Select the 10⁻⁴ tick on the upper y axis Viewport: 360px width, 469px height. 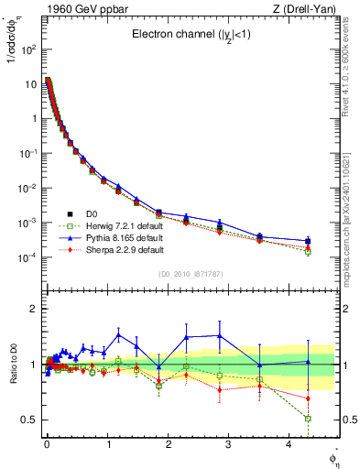[x=30, y=257]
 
